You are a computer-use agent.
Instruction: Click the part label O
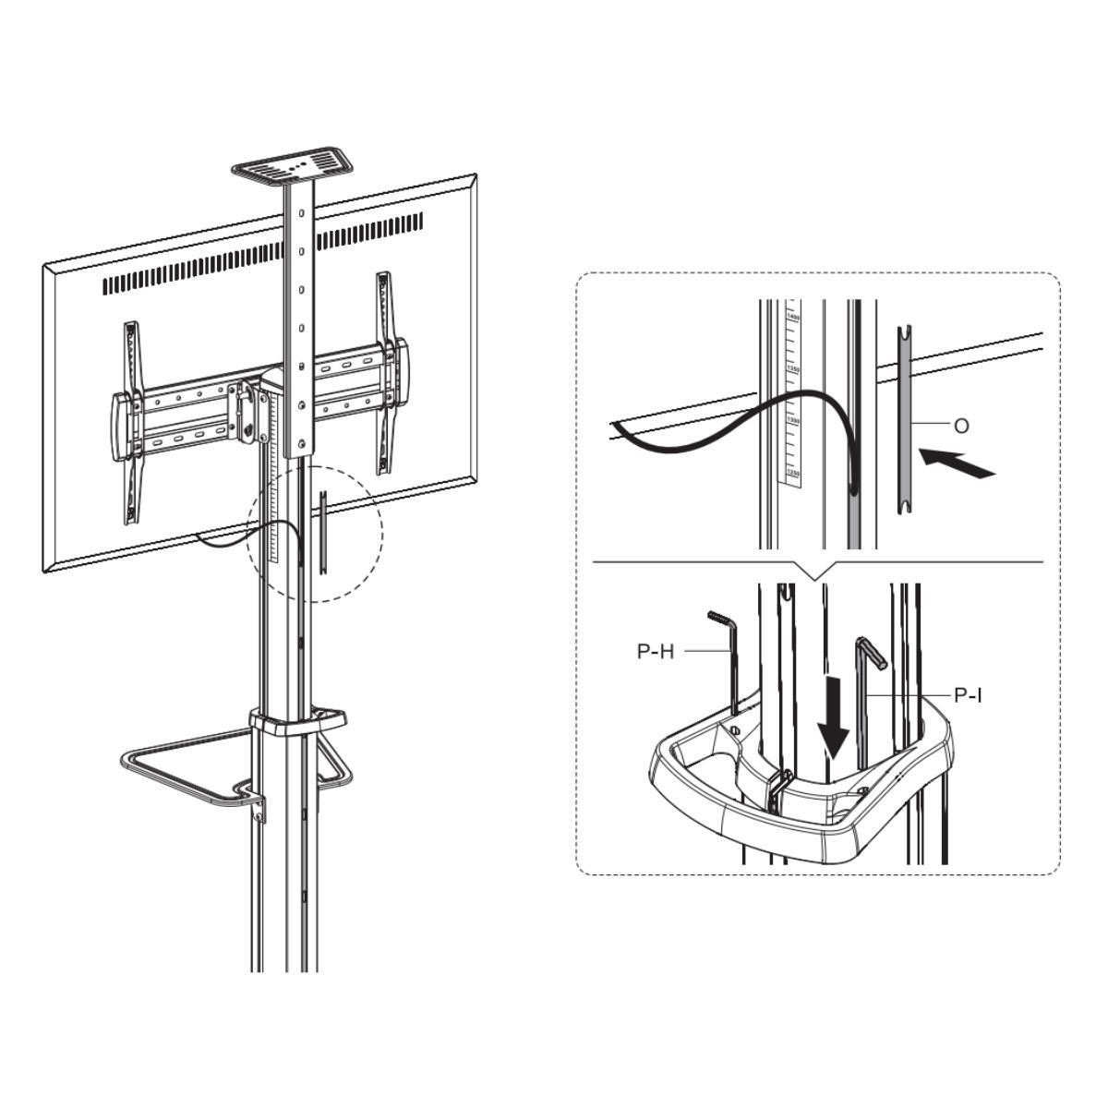tap(961, 426)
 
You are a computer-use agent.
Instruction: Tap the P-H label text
tap(656, 651)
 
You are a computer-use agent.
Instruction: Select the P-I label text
tap(967, 694)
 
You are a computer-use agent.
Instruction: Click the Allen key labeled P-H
tap(729, 656)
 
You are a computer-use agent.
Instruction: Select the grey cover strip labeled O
tap(906, 420)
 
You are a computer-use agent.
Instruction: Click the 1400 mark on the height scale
tap(791, 317)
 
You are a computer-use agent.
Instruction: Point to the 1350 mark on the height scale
tap(791, 368)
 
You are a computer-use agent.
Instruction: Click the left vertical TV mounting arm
tap(133, 420)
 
